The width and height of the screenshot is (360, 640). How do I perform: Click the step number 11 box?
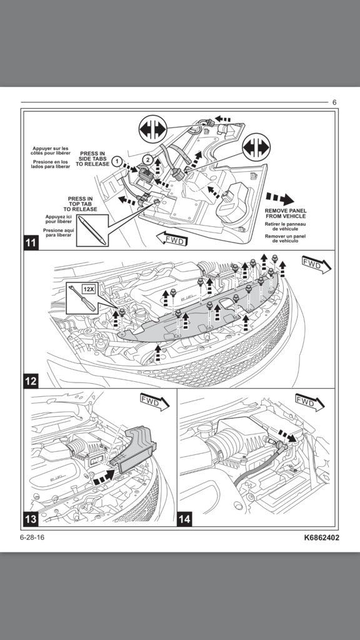31,243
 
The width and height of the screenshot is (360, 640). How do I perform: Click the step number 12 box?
31,381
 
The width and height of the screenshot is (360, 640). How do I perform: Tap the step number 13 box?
31,519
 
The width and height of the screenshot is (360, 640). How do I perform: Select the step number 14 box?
184,519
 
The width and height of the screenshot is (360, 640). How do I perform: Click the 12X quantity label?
89,289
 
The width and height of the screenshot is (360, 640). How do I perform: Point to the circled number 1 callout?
117,161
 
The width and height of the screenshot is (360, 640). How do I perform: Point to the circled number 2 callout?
147,159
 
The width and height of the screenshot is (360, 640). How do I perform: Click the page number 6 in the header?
334,102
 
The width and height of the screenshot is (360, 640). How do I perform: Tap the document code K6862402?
321,537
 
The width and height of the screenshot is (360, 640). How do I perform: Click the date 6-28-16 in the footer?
32,537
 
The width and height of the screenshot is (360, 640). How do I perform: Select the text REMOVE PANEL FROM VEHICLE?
285,214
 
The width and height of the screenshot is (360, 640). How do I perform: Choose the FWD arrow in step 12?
316,264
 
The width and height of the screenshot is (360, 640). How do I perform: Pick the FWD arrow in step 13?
155,402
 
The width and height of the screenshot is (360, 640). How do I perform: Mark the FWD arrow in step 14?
310,402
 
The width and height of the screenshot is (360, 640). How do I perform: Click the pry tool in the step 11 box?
92,231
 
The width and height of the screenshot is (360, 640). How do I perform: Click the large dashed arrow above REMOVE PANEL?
280,199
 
